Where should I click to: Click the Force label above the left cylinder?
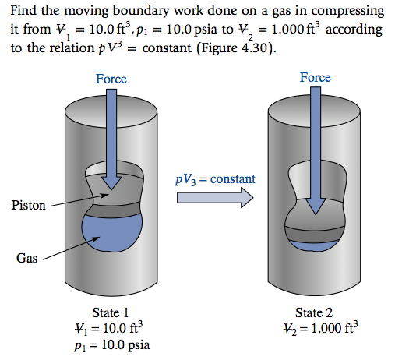pos(111,79)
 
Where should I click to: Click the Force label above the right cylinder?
pos(315,77)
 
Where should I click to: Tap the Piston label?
pos(29,206)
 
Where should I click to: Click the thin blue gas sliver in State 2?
pos(316,245)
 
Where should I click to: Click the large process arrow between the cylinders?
pos(215,198)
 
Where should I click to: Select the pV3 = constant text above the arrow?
pos(216,180)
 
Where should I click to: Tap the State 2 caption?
pos(315,312)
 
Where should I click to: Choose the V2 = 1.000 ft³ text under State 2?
pos(315,327)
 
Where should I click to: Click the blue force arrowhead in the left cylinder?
pos(112,181)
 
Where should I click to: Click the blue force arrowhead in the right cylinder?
pos(316,206)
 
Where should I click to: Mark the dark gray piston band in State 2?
pos(316,231)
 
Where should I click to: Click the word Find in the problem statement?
pos(24,12)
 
